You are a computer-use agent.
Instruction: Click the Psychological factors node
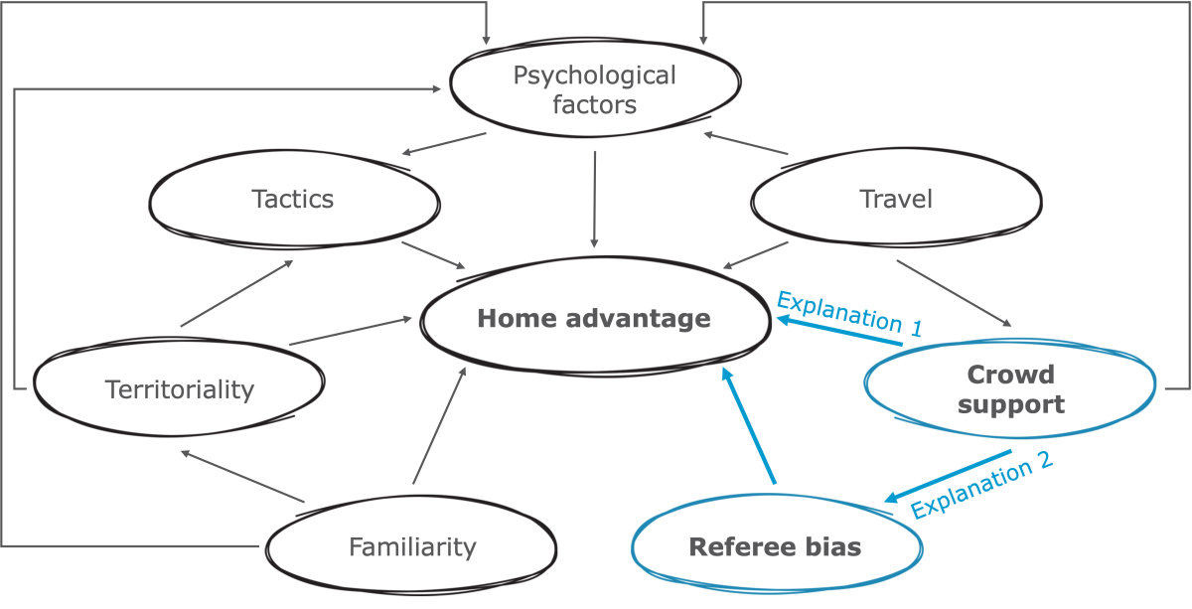(594, 88)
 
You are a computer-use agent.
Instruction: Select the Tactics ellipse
(294, 200)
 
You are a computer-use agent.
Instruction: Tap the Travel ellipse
(895, 200)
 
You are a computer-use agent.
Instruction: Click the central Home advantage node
(593, 319)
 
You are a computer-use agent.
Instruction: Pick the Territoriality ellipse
(179, 389)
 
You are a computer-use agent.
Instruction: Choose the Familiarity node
(411, 546)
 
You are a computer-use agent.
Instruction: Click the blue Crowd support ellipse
(1009, 389)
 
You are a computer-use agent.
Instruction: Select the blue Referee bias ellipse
(775, 546)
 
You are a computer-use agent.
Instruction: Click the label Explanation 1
(849, 313)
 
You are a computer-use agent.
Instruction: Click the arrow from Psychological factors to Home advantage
(594, 199)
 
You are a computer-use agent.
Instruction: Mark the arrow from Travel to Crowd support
(954, 294)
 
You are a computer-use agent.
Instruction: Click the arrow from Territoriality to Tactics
(238, 293)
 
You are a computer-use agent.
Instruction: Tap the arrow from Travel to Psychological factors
(745, 144)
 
